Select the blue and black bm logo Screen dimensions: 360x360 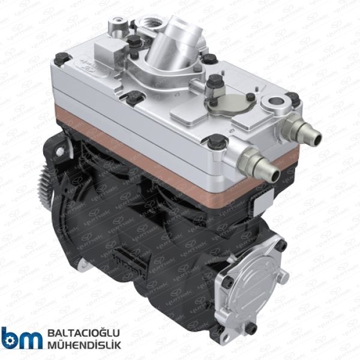point(22,338)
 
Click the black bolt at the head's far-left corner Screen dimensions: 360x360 point(61,58)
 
